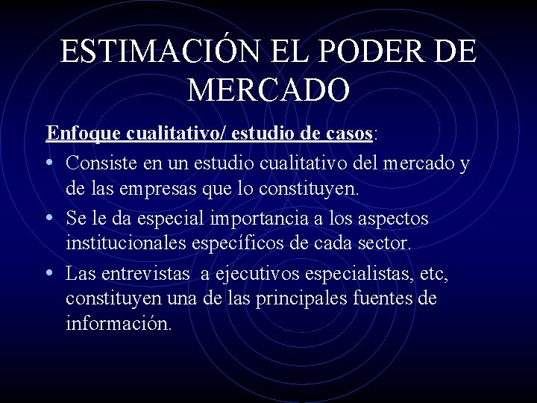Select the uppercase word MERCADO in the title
(268, 90)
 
